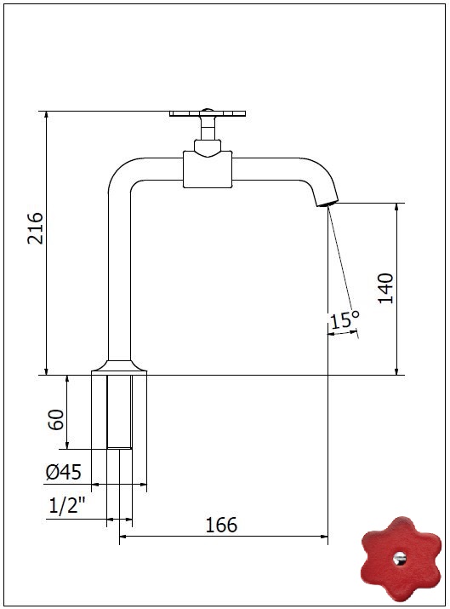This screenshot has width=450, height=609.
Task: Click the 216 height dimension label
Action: click(35, 228)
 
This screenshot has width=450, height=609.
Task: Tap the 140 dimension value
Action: click(385, 288)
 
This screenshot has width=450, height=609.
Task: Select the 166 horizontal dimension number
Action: click(220, 526)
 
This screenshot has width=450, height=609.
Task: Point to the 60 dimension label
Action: click(56, 419)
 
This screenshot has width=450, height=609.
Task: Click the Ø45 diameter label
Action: click(63, 472)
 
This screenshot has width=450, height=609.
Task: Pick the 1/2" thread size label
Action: click(67, 506)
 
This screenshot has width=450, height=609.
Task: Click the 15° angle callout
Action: click(345, 319)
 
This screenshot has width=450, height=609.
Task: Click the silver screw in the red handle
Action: click(400, 559)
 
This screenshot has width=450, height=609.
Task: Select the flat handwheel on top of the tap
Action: click(208, 113)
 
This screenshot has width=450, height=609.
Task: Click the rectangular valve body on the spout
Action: click(208, 169)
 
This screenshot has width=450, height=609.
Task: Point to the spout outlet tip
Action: click(327, 204)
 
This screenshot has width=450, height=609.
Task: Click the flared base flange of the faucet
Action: click(119, 367)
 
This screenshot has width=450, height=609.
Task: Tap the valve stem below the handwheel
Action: click(208, 128)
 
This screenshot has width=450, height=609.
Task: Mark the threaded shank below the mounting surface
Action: click(119, 411)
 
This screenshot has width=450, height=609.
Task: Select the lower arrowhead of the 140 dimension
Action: click(396, 371)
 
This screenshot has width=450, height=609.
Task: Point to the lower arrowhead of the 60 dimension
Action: click(67, 445)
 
